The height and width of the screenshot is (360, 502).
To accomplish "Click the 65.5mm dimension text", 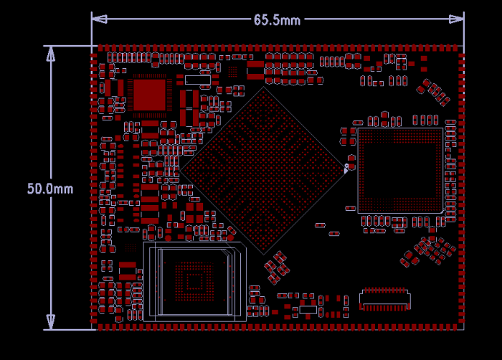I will click(277, 20).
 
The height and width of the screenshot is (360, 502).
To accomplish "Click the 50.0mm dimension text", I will click(50, 189).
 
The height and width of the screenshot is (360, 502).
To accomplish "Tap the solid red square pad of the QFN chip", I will click(150, 95).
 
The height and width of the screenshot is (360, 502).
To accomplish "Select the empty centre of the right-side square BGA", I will click(399, 171).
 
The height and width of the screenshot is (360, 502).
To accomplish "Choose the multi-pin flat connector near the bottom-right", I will click(385, 299).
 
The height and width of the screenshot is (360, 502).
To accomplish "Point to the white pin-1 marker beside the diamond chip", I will click(346, 168).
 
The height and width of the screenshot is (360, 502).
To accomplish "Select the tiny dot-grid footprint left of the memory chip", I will click(131, 246).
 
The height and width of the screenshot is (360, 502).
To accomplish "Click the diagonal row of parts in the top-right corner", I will click(435, 93).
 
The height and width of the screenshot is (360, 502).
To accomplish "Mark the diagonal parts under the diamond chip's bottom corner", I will click(276, 267).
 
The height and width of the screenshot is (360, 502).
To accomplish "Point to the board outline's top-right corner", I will click(463, 47).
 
